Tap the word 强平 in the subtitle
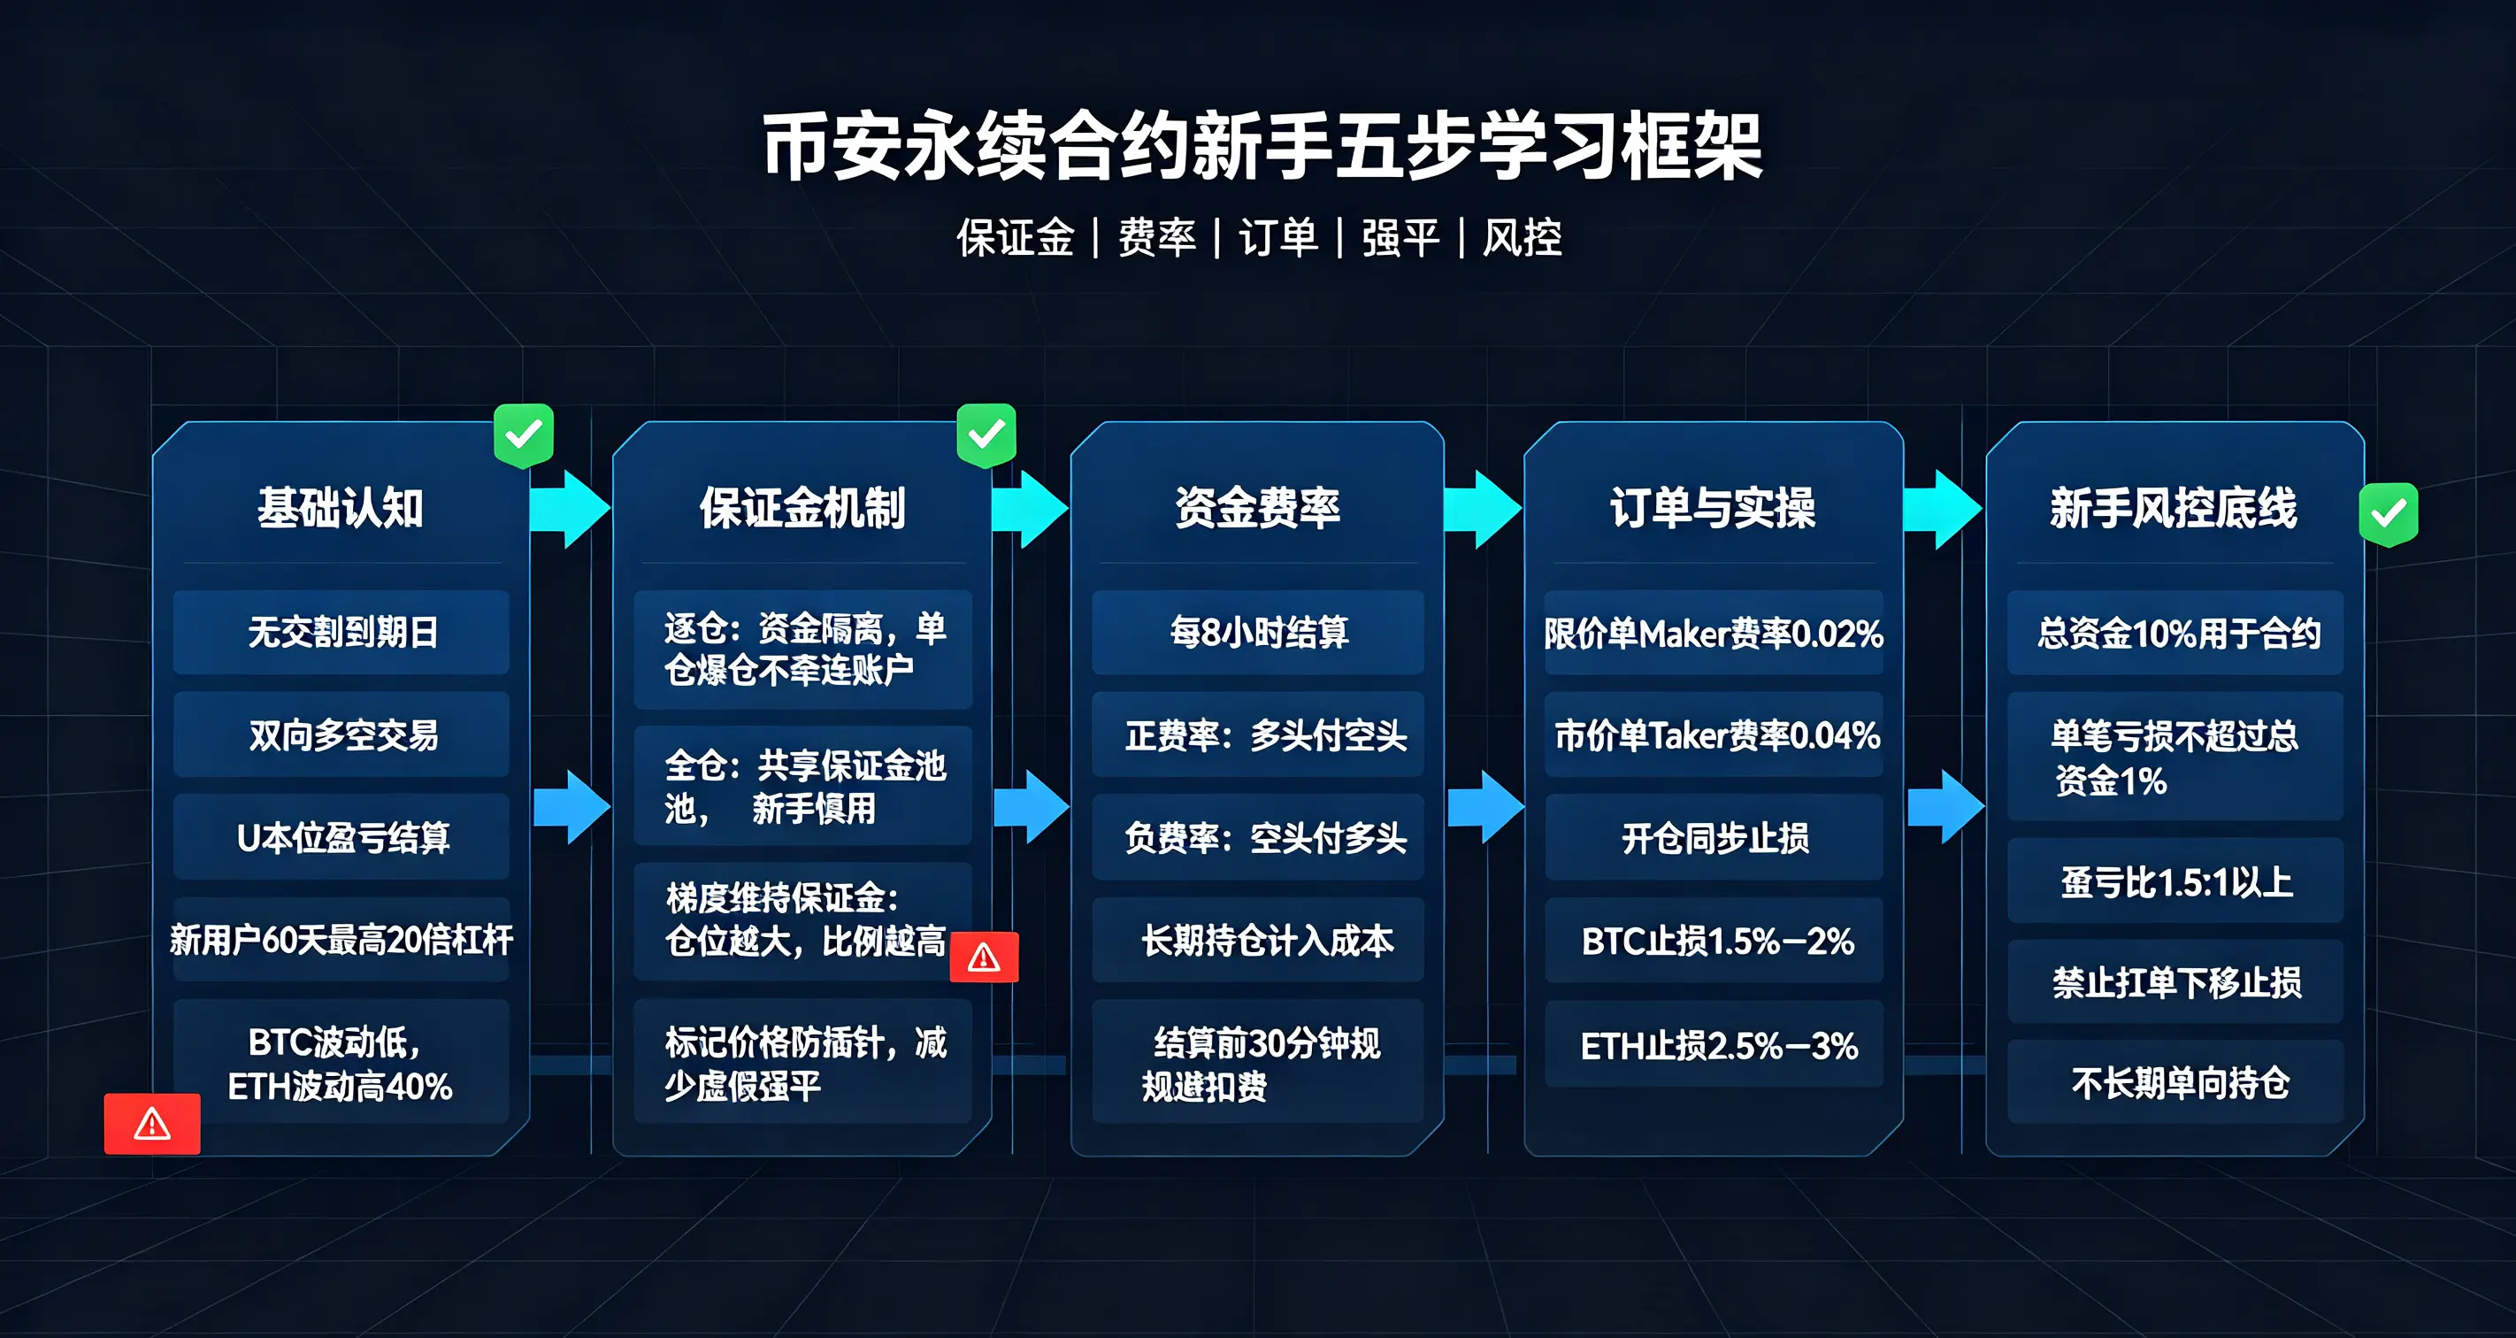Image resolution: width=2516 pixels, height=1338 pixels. (1400, 237)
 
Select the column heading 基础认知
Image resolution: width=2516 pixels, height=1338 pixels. (341, 508)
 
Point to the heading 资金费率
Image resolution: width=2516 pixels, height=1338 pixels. (1257, 508)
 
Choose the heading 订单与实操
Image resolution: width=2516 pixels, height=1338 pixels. (1713, 508)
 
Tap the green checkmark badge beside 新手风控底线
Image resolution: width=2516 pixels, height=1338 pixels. (2389, 514)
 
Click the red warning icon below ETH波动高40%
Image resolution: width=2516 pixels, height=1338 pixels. (152, 1124)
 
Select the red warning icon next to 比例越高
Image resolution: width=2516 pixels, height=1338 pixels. (985, 957)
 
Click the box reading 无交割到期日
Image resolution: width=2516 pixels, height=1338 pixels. (341, 632)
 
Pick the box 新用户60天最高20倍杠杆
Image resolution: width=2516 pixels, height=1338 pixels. (341, 940)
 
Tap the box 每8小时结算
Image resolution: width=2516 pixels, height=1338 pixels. (1258, 632)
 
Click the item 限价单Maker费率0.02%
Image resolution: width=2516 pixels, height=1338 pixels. (1714, 633)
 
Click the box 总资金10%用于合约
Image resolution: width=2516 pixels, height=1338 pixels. (2176, 633)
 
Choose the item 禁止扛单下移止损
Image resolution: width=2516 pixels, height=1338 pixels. (2176, 981)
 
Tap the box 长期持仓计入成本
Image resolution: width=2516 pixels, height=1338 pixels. (1258, 940)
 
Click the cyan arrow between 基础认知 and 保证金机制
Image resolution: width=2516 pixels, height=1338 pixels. (570, 509)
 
